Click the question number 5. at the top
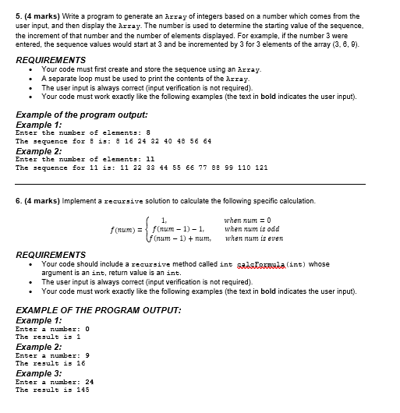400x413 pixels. (20, 16)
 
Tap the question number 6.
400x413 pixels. (20, 200)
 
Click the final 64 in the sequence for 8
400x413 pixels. (207, 141)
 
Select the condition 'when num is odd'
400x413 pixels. (252, 230)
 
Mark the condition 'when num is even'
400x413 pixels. (253, 239)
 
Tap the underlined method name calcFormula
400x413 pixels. (267, 264)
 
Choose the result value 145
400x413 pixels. (83, 389)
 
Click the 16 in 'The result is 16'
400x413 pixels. (80, 362)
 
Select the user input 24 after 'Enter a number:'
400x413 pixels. (90, 381)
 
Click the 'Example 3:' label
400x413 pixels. (39, 373)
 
